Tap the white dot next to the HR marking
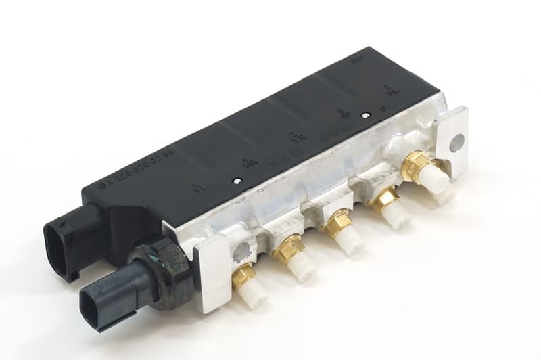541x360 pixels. point(237,181)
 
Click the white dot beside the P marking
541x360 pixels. point(365,116)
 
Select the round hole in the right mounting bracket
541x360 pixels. point(457,143)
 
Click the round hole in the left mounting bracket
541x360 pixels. point(240,252)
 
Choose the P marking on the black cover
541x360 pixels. point(383,108)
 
